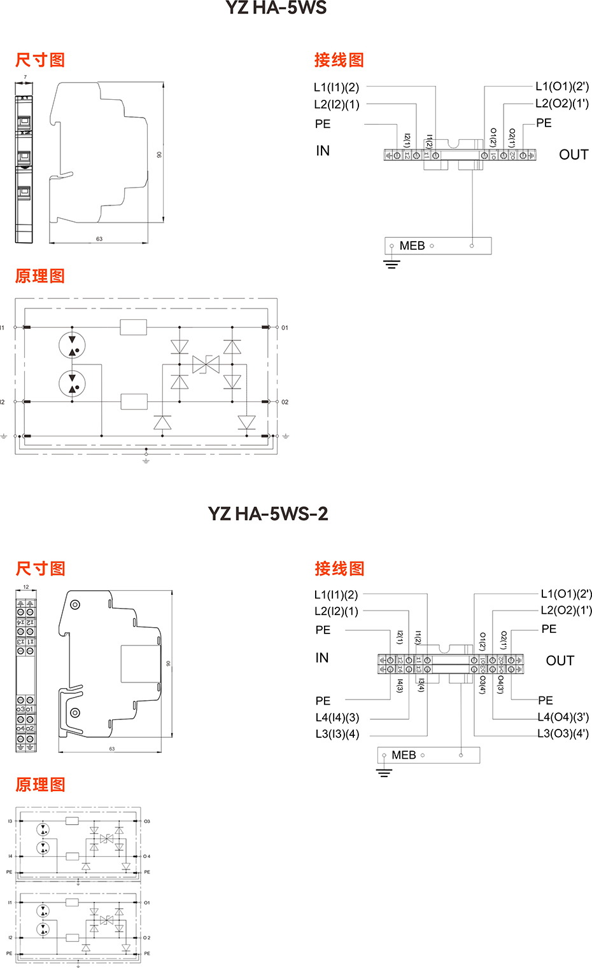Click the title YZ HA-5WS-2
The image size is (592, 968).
coord(268,513)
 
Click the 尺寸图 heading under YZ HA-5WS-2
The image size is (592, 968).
coord(41,569)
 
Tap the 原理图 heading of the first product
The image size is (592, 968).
coord(40,276)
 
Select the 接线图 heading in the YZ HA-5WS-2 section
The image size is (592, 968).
coord(339,569)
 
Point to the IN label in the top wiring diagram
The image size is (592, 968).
coord(323,151)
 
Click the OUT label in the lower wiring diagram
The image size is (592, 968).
coord(560,661)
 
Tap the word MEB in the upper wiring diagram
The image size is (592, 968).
coord(412,246)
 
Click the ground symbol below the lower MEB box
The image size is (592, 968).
coord(384,773)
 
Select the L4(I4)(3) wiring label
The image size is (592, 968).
coord(337,717)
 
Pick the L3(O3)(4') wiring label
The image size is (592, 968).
coord(563,734)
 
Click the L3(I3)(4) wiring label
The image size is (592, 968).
coord(337,734)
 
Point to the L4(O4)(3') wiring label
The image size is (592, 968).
coord(563,717)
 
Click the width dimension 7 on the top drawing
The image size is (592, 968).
coord(25,78)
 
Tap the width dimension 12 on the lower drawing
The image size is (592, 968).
coord(26,587)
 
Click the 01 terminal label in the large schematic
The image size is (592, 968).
coord(285,328)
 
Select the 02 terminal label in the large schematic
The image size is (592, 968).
coord(285,403)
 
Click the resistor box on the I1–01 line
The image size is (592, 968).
coord(134,328)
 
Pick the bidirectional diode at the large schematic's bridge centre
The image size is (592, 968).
coord(206,364)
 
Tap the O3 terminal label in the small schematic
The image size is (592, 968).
coord(147,822)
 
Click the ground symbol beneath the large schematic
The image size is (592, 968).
coord(146,460)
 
